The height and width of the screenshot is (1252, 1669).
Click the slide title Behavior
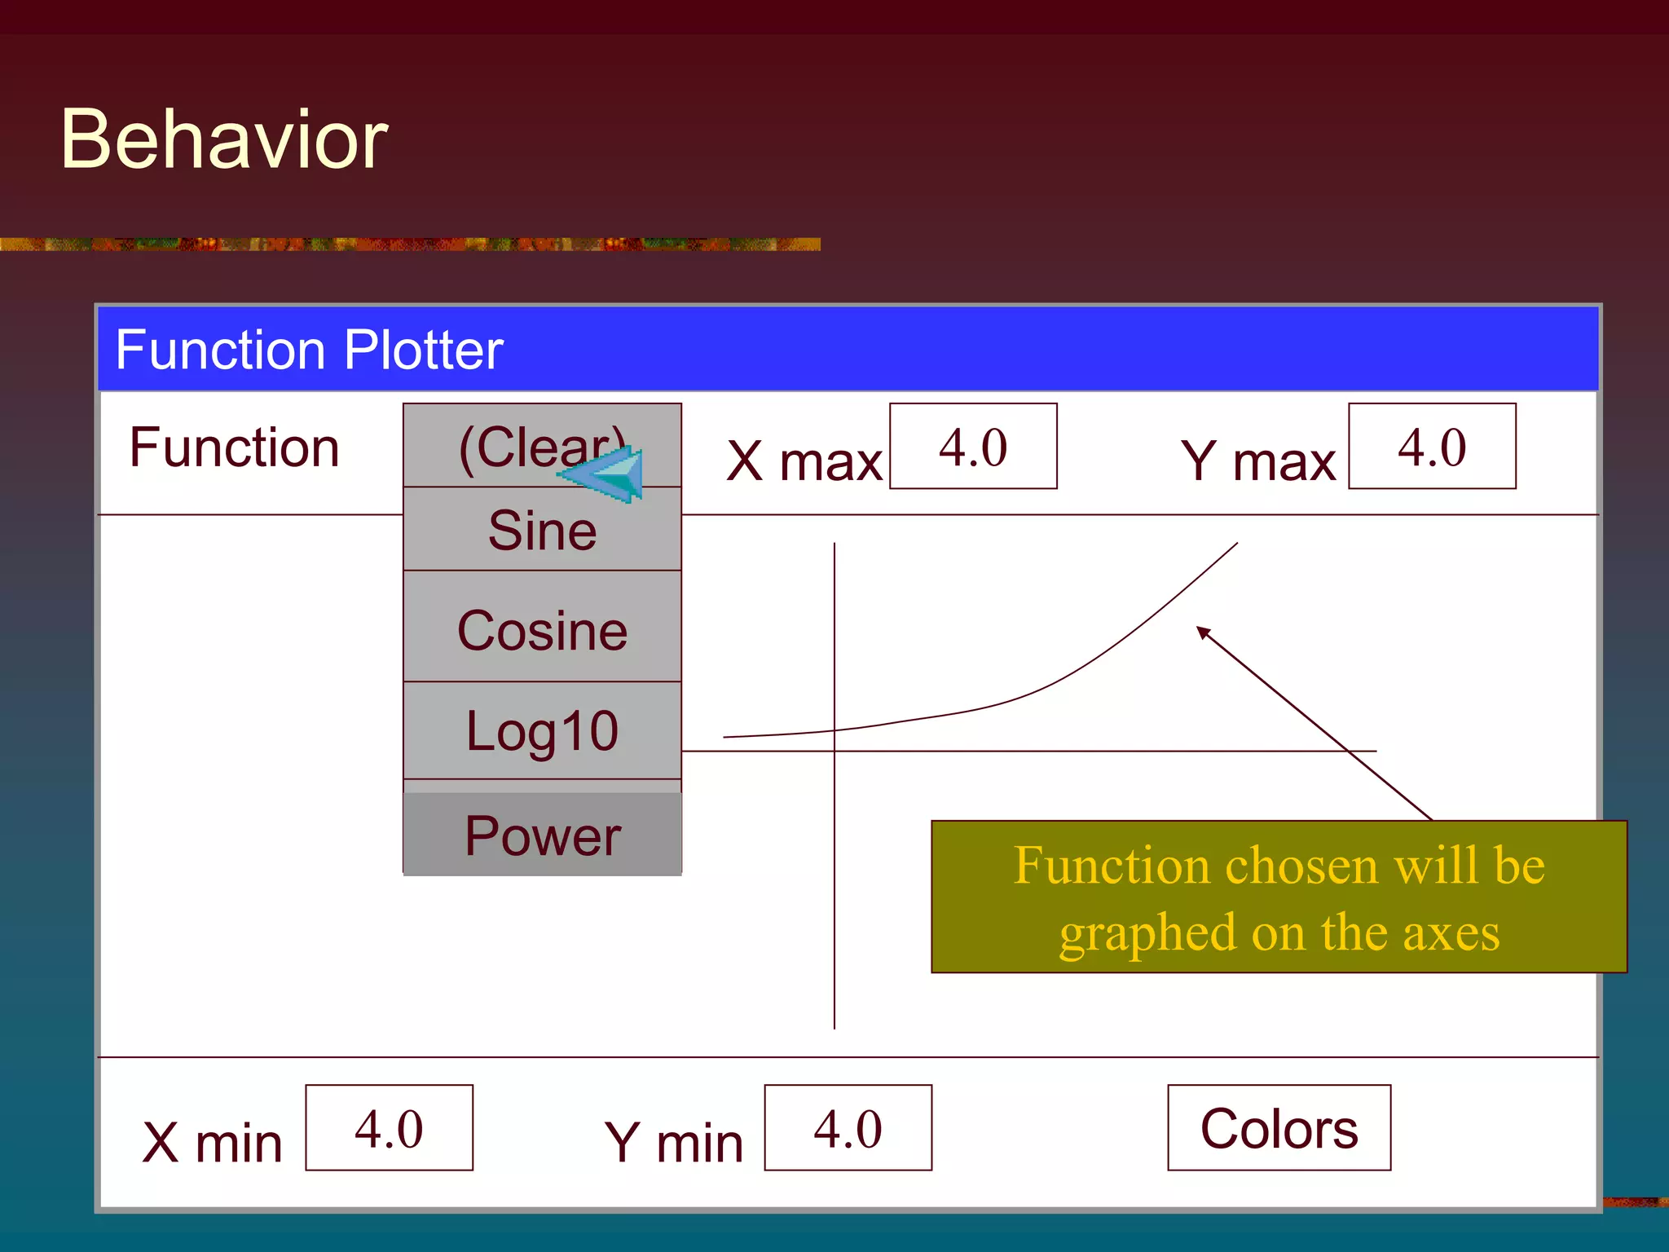click(x=224, y=139)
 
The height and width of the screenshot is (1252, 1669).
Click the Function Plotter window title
click(x=309, y=350)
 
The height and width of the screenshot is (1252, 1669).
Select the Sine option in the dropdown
click(x=542, y=531)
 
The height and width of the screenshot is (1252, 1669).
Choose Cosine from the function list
click(x=542, y=629)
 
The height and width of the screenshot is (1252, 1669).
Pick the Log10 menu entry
click(x=542, y=730)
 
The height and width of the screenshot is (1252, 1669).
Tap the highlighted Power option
click(x=542, y=835)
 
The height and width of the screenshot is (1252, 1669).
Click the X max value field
click(x=972, y=447)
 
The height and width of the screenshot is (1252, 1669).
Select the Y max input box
click(x=1431, y=447)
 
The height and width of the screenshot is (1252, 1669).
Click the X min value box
click(x=389, y=1128)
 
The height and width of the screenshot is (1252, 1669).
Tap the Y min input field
click(x=848, y=1128)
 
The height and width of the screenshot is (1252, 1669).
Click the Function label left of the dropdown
click(x=234, y=447)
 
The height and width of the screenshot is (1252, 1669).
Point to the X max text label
click(x=804, y=461)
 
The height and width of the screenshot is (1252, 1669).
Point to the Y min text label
click(x=673, y=1142)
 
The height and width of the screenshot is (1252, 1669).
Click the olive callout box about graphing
click(x=1279, y=897)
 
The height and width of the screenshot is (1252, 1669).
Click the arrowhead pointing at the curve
click(x=1203, y=632)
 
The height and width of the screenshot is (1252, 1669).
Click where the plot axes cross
click(x=834, y=751)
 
